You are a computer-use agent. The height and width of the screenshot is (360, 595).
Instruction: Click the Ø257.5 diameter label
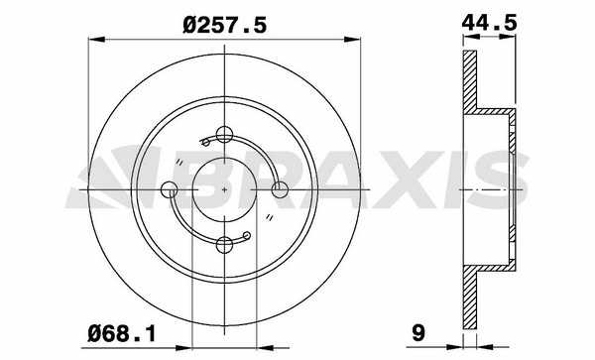[x=225, y=26]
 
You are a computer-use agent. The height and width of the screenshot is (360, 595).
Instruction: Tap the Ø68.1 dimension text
[x=122, y=334]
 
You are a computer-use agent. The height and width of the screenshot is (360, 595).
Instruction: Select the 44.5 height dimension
[x=490, y=23]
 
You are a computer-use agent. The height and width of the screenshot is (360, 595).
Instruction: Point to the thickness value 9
[x=418, y=333]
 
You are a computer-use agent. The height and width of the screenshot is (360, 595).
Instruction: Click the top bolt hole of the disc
[x=224, y=134]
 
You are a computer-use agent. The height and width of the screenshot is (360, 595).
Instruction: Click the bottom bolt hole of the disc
[x=224, y=244]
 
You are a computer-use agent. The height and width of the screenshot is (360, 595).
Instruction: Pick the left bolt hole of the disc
[x=170, y=189]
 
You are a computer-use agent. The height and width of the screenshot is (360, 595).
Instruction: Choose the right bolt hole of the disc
[x=280, y=189]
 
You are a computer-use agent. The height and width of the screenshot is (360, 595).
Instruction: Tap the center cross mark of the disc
[x=224, y=189]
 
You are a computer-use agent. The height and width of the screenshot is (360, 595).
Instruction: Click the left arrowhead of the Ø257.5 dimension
[x=96, y=39]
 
